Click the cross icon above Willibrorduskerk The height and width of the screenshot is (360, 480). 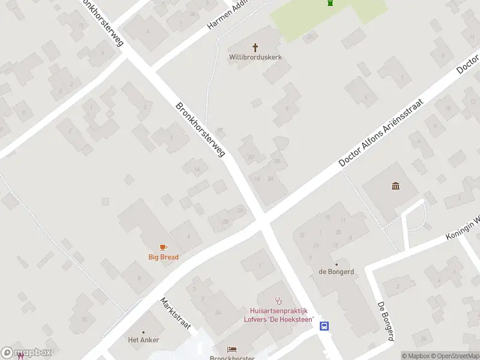256,47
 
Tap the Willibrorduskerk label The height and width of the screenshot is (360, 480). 256,58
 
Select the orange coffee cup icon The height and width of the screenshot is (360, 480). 163,247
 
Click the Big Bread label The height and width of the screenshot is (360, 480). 163,257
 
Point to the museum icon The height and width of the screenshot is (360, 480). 395,186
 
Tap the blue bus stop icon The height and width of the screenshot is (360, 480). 325,326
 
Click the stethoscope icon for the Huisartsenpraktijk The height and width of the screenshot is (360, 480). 278,300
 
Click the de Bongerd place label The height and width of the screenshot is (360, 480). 336,271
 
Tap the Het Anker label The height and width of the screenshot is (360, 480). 144,340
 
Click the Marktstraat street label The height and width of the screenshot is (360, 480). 175,313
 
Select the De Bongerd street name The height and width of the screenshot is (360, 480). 386,322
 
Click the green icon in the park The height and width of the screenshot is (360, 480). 330,3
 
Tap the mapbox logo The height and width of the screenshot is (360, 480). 26,353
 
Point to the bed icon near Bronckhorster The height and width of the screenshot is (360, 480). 232,349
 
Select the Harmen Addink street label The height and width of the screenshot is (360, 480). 227,14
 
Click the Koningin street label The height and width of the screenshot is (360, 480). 463,227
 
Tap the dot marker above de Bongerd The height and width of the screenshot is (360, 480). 336,264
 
